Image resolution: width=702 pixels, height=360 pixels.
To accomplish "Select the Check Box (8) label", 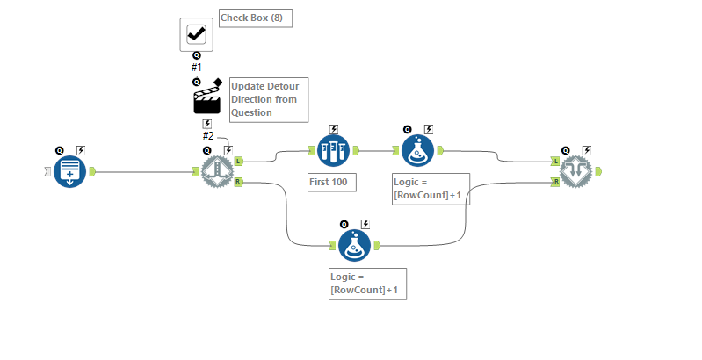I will (256, 18).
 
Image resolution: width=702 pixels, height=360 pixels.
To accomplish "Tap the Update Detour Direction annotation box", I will (268, 99).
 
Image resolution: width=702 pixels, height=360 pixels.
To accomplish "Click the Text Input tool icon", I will (69, 171).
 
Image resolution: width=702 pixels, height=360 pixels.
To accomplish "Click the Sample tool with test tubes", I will (333, 151).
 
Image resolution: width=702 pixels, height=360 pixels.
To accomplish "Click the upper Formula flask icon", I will (418, 151).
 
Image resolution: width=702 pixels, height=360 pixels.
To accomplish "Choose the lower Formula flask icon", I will (354, 245).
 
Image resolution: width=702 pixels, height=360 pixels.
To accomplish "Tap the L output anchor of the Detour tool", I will (239, 161).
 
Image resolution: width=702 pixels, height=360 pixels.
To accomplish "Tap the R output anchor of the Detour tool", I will (239, 182).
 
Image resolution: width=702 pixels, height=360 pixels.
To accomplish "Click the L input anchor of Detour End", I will (555, 161).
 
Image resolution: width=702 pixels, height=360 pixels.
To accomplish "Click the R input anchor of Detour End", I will (555, 182).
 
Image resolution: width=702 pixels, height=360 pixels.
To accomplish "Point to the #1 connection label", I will (196, 67).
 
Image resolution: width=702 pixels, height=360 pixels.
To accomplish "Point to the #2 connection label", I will (208, 135).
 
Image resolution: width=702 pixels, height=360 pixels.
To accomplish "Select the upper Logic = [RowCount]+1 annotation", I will (431, 189).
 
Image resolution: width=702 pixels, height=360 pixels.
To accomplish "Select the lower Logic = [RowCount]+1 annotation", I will (367, 284).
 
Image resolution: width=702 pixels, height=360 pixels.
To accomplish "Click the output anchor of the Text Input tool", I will (92, 171).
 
